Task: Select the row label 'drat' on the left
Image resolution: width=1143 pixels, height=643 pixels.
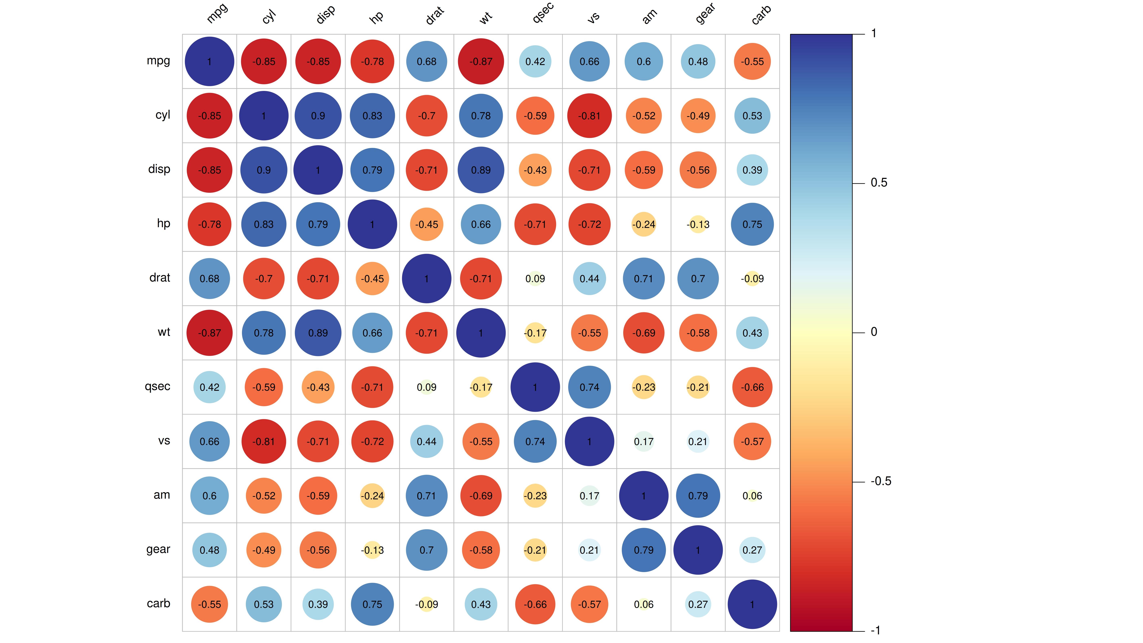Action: point(160,278)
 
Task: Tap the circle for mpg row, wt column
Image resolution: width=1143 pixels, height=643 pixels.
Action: point(481,62)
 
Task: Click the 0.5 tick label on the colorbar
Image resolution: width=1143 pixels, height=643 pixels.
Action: point(879,183)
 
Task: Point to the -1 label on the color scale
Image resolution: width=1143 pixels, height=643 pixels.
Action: point(875,630)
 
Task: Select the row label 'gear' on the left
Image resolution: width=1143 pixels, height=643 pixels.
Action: point(158,549)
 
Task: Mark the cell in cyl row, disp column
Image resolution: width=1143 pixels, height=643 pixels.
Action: point(318,116)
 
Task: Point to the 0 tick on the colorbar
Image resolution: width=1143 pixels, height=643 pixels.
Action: point(874,332)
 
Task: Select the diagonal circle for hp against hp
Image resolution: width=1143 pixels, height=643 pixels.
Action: point(372,225)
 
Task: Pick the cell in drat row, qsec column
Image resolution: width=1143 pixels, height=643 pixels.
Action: point(535,279)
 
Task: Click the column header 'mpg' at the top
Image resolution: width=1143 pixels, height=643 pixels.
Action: point(217,13)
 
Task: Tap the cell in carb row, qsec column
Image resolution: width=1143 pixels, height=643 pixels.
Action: point(535,604)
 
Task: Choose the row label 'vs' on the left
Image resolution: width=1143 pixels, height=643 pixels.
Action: point(164,441)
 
